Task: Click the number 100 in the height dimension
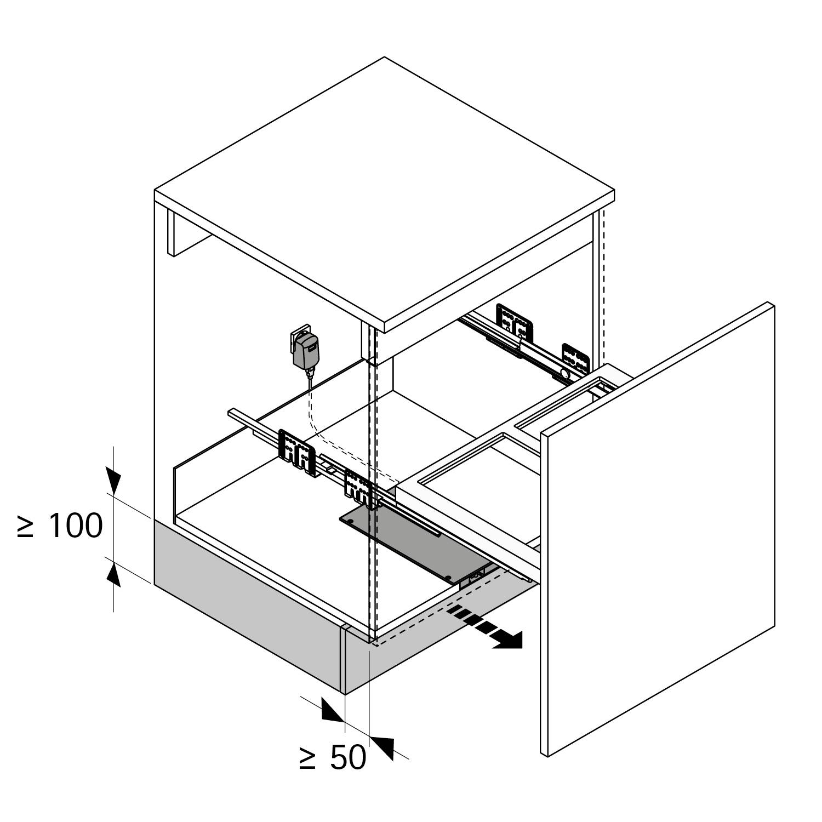pos(76,526)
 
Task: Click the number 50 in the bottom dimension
pos(349,758)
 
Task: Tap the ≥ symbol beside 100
pos(25,526)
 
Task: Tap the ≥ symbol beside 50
pos(308,758)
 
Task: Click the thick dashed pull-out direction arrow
pos(484,628)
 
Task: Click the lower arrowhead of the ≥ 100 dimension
pos(114,573)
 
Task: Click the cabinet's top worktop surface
pos(384,192)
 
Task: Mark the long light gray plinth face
pos(247,603)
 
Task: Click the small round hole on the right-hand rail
pos(563,374)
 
